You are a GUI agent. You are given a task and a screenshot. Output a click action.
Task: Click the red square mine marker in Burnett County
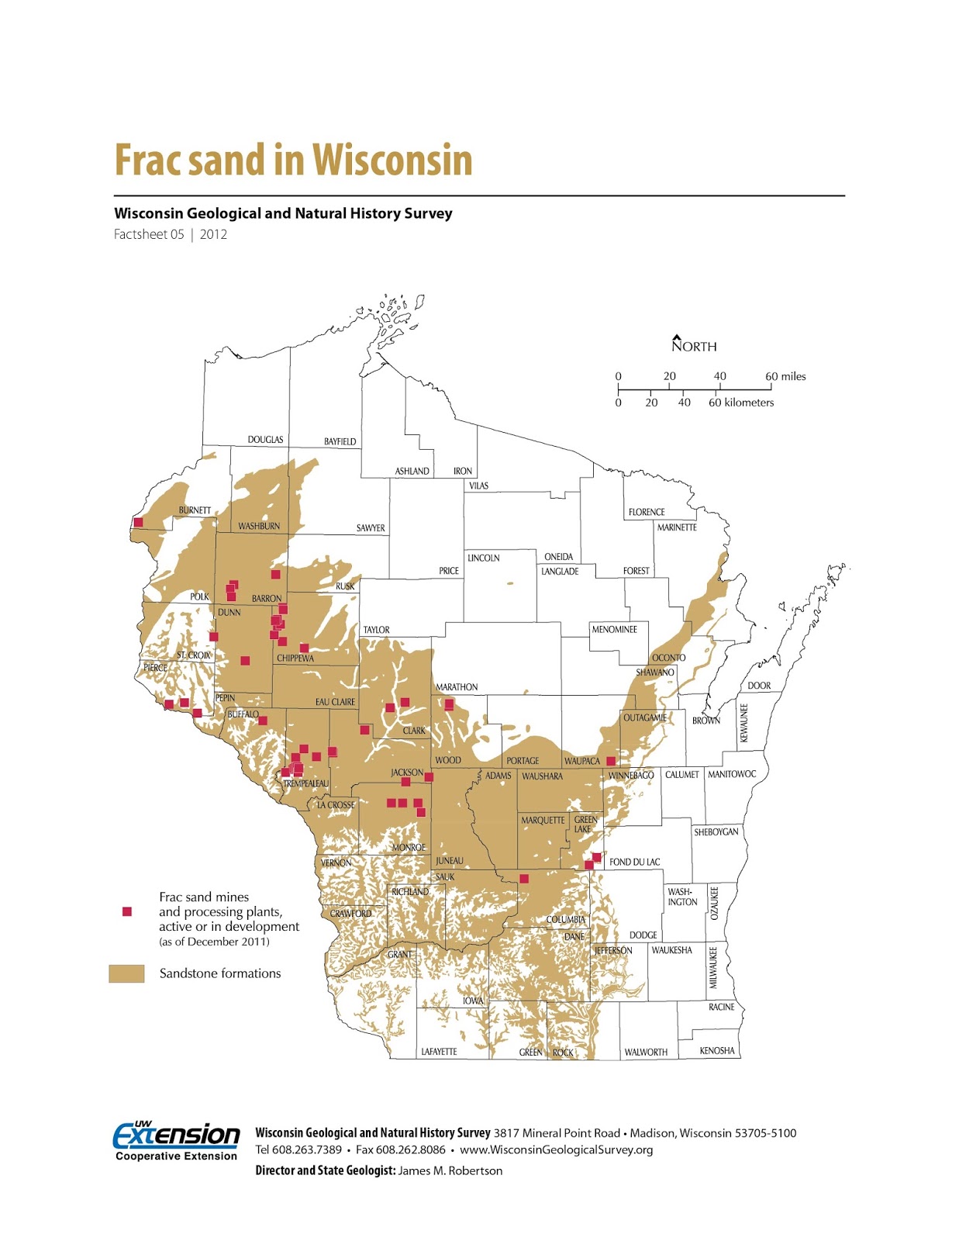coord(139,522)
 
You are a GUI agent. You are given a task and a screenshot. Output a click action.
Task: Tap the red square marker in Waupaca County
coord(611,761)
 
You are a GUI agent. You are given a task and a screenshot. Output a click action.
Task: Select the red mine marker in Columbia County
coord(524,879)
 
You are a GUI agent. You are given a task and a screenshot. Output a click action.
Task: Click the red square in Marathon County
coord(449,704)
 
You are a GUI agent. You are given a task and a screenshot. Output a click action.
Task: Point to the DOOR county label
coord(759,686)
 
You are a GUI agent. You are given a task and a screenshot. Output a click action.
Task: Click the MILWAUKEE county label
coord(713,967)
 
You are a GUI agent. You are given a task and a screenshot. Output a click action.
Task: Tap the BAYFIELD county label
coord(340,441)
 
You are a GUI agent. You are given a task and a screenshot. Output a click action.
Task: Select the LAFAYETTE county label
coord(439,1052)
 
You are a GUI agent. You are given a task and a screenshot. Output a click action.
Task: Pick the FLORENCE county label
coord(647,512)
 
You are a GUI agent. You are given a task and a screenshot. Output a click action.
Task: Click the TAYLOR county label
coord(377,630)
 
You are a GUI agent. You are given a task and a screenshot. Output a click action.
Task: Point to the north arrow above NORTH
coord(676,337)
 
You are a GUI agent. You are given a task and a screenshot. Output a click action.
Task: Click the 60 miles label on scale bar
coord(785,376)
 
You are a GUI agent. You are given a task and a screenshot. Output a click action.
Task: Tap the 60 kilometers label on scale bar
coord(741,403)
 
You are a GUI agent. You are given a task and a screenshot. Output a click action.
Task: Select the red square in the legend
coord(127,911)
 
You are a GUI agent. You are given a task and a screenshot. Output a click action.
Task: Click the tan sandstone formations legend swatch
coord(126,973)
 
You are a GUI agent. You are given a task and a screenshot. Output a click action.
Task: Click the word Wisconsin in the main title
coord(392,161)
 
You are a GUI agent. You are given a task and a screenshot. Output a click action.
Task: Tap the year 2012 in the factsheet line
coord(213,234)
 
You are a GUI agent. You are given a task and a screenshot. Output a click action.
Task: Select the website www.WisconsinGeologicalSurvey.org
coord(556,1149)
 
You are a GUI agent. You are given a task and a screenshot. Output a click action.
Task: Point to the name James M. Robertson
coord(450,1170)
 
